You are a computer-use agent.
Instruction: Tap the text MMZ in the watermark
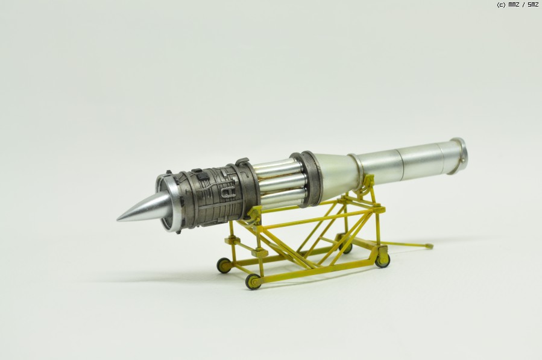tap(514, 4)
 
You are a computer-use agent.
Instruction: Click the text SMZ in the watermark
tap(533, 4)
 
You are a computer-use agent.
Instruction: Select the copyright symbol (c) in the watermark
tap(501, 4)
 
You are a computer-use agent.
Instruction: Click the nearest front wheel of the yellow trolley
tap(253, 282)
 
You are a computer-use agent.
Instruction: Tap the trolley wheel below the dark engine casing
tap(224, 265)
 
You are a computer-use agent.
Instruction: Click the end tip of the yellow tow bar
tap(429, 246)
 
